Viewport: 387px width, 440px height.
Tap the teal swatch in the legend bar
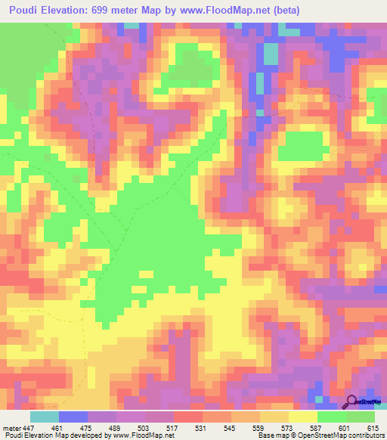pyautogui.click(x=45, y=417)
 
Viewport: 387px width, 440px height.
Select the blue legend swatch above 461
pyautogui.click(x=73, y=417)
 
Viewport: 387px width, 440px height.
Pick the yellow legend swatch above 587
pyautogui.click(x=303, y=417)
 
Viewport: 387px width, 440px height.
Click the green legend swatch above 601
pyautogui.click(x=332, y=417)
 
